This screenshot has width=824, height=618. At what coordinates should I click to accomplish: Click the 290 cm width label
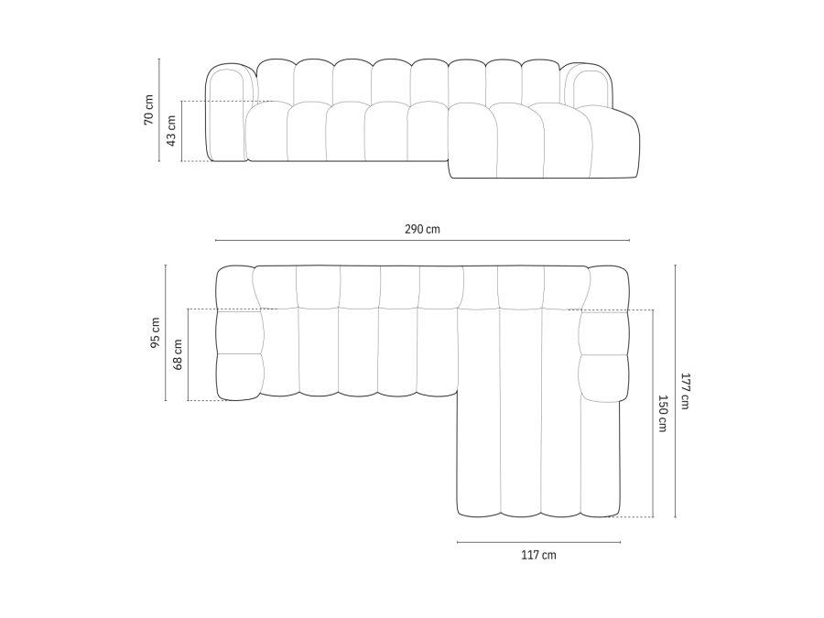pyautogui.click(x=422, y=229)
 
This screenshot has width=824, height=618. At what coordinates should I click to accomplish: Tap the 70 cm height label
pyautogui.click(x=148, y=110)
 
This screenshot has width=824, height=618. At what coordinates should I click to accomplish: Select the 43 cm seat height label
pyautogui.click(x=171, y=131)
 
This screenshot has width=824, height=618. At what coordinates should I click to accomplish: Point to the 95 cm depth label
pyautogui.click(x=155, y=333)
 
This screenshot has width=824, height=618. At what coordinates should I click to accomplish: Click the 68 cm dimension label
pyautogui.click(x=178, y=354)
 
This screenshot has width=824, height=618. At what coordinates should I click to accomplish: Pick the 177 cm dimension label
pyautogui.click(x=686, y=391)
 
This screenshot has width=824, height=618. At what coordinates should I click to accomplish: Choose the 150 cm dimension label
pyautogui.click(x=663, y=414)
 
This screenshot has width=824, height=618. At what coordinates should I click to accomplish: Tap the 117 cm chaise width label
pyautogui.click(x=538, y=555)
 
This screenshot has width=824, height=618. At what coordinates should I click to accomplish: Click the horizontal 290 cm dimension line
pyautogui.click(x=422, y=241)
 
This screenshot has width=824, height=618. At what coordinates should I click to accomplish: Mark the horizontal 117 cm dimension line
pyautogui.click(x=538, y=542)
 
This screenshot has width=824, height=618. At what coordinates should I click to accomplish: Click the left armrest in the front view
pyautogui.click(x=227, y=114)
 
